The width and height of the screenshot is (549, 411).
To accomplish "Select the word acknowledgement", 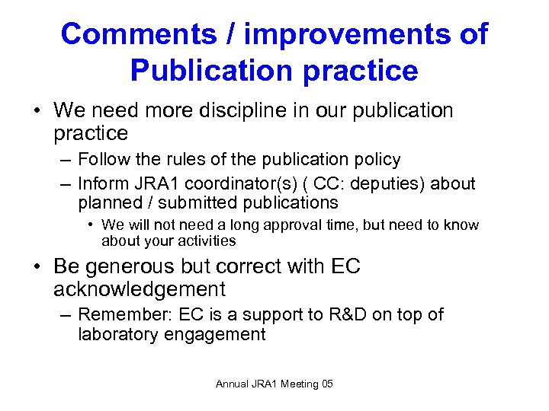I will pyautogui.click(x=140, y=289).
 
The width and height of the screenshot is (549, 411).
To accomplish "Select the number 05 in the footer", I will pyautogui.click(x=326, y=384).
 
